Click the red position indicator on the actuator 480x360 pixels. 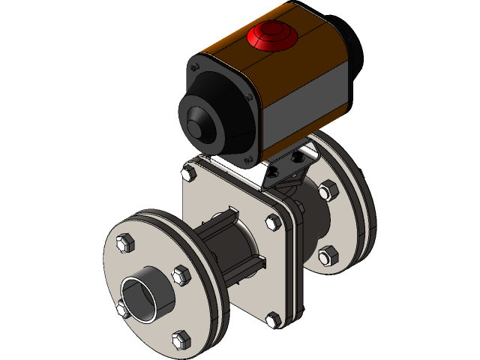pos(271,34)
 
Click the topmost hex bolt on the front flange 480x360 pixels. pos(126,242)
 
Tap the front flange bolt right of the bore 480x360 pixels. pos(180,275)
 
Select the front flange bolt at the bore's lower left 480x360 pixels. pos(121,308)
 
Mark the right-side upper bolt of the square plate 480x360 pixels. pos(272,222)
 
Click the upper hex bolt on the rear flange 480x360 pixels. pos(327,192)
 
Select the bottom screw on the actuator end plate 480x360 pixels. pos(247,158)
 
